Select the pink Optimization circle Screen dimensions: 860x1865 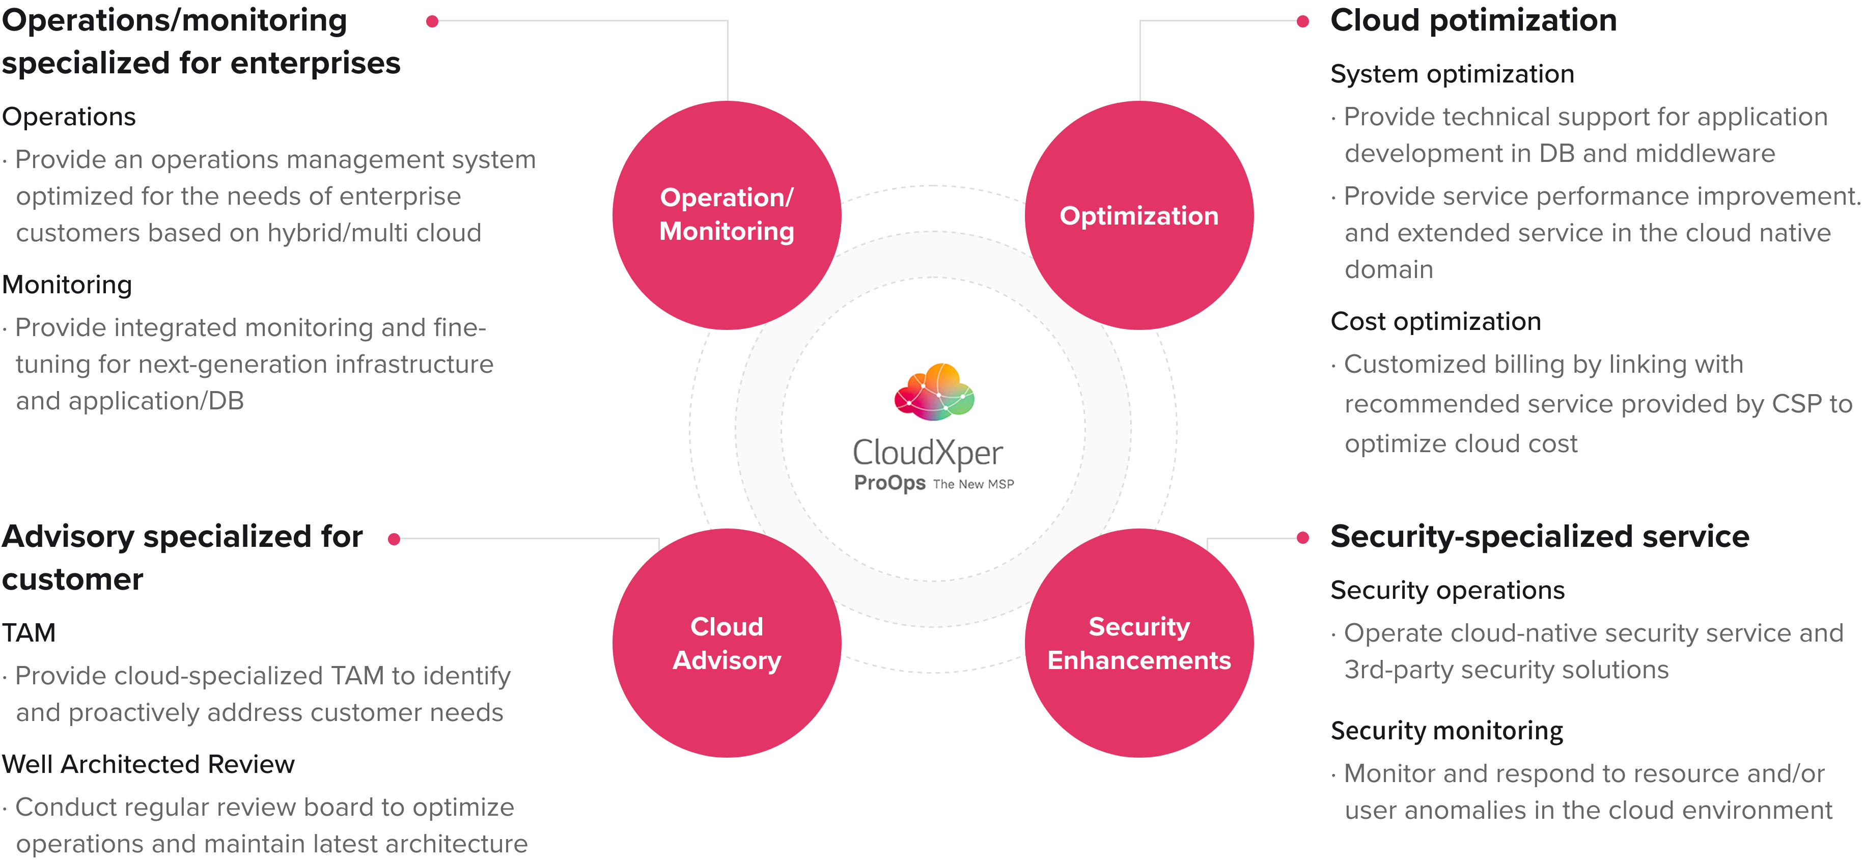[1139, 215]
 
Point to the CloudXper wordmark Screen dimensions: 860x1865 [928, 453]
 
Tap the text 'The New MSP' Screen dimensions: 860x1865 [973, 484]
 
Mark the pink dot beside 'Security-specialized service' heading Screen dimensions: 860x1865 [1302, 538]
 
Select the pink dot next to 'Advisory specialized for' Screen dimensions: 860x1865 [395, 539]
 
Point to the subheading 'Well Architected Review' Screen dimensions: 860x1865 [149, 764]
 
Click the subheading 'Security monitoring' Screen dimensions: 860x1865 [1446, 731]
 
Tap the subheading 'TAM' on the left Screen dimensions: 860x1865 [29, 633]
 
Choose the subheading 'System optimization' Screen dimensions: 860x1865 [1452, 74]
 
